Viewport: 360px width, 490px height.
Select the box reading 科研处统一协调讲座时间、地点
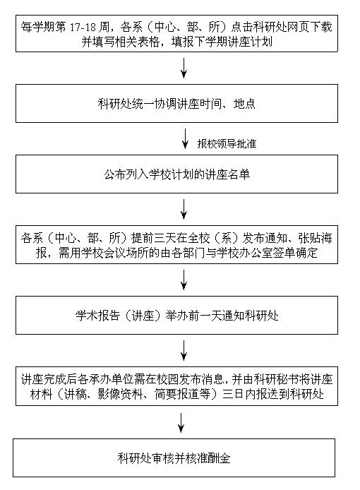click(176, 104)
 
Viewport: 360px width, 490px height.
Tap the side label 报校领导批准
click(227, 143)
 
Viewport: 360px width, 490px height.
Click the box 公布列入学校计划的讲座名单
click(176, 174)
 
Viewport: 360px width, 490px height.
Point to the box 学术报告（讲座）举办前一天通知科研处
click(176, 316)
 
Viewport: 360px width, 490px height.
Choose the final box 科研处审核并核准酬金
click(174, 458)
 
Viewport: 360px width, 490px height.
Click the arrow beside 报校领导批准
click(185, 139)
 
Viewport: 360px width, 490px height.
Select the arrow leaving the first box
click(184, 68)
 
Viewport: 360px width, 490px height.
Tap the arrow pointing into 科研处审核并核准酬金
click(181, 423)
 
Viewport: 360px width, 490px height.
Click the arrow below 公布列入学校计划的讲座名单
click(184, 210)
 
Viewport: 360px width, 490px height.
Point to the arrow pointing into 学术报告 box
click(184, 280)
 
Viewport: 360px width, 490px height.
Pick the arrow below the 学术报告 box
click(184, 351)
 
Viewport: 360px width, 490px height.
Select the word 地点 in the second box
click(244, 104)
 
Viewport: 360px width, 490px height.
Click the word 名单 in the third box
click(239, 174)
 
